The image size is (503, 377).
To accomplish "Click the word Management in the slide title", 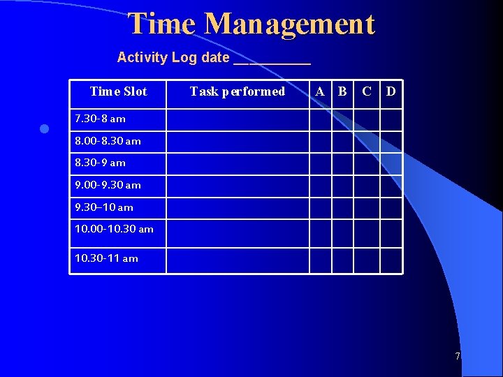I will (290, 24).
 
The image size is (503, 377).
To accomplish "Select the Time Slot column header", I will (118, 91).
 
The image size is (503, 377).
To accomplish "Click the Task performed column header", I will (238, 91).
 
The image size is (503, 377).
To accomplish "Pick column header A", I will (320, 91).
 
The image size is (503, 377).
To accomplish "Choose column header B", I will (342, 91).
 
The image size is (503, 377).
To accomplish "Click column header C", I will (366, 91).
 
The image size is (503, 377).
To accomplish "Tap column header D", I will (391, 91).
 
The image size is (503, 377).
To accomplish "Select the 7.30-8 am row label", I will (100, 119).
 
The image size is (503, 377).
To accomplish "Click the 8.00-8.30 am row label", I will (108, 141).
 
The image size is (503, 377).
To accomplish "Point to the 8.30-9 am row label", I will (100, 163).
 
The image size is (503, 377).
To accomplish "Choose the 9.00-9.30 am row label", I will (108, 185).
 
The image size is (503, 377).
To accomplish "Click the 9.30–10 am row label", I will (103, 207).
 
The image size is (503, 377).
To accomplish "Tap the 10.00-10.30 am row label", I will (114, 229).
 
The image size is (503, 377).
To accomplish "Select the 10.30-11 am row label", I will (106, 258).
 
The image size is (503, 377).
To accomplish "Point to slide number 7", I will (458, 356).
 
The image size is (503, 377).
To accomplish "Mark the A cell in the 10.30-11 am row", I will (320, 260).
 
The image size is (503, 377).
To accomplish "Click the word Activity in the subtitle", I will (142, 57).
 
